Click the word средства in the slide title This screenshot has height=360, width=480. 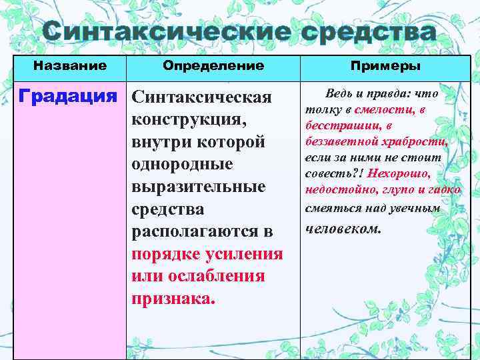pyautogui.click(x=369, y=32)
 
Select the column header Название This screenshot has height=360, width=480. pyautogui.click(x=70, y=66)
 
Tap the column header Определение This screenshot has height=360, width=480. pyautogui.click(x=213, y=66)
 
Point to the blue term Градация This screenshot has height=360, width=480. pyautogui.click(x=72, y=97)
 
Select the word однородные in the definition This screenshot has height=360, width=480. pyautogui.click(x=182, y=165)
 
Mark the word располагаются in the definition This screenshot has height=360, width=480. pyautogui.click(x=194, y=231)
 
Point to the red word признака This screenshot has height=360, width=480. pyautogui.click(x=173, y=298)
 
